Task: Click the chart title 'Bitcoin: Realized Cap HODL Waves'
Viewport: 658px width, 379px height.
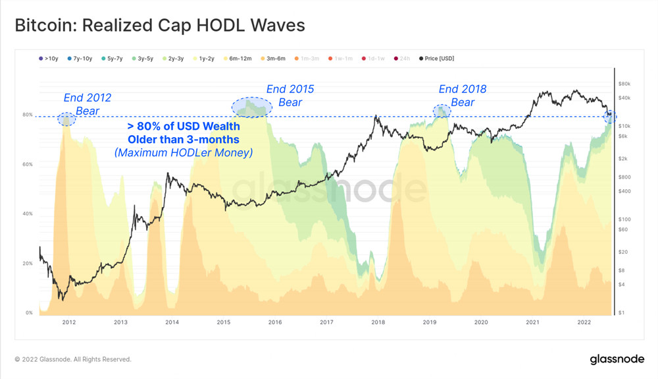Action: (x=160, y=25)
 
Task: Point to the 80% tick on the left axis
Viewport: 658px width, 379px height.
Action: (x=28, y=115)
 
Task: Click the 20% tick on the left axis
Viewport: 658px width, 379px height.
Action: (x=28, y=264)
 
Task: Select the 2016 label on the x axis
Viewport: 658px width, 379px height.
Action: (x=275, y=322)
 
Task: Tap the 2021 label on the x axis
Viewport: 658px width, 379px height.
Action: (x=533, y=322)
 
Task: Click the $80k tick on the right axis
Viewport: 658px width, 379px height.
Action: (x=624, y=84)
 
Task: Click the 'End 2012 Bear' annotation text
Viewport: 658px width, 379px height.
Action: (x=88, y=104)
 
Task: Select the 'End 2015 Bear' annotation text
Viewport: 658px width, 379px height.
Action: (x=290, y=96)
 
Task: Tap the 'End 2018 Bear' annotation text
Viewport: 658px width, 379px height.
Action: (x=463, y=96)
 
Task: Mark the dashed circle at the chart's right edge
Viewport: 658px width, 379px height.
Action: (x=610, y=117)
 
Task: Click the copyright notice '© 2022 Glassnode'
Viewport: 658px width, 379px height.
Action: (x=73, y=359)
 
